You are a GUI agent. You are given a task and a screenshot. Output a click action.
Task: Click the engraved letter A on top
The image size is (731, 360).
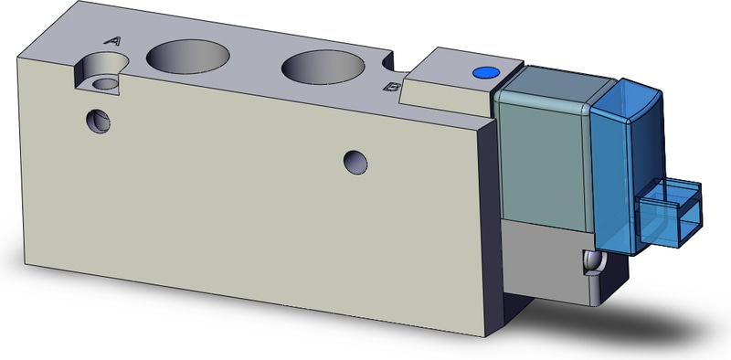tap(112, 41)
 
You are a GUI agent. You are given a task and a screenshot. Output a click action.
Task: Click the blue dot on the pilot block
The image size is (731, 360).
tap(486, 72)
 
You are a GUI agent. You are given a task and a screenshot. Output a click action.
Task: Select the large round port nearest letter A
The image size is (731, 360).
tap(188, 56)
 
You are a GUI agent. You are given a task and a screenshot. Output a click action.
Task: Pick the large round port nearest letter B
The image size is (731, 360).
tap(323, 67)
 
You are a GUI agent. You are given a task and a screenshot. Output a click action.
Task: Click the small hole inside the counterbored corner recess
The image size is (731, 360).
tap(106, 83)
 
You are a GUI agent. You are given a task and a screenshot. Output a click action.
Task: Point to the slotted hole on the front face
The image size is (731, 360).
tap(99, 122)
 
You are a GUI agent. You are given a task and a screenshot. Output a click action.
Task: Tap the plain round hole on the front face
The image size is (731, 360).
tap(355, 163)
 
